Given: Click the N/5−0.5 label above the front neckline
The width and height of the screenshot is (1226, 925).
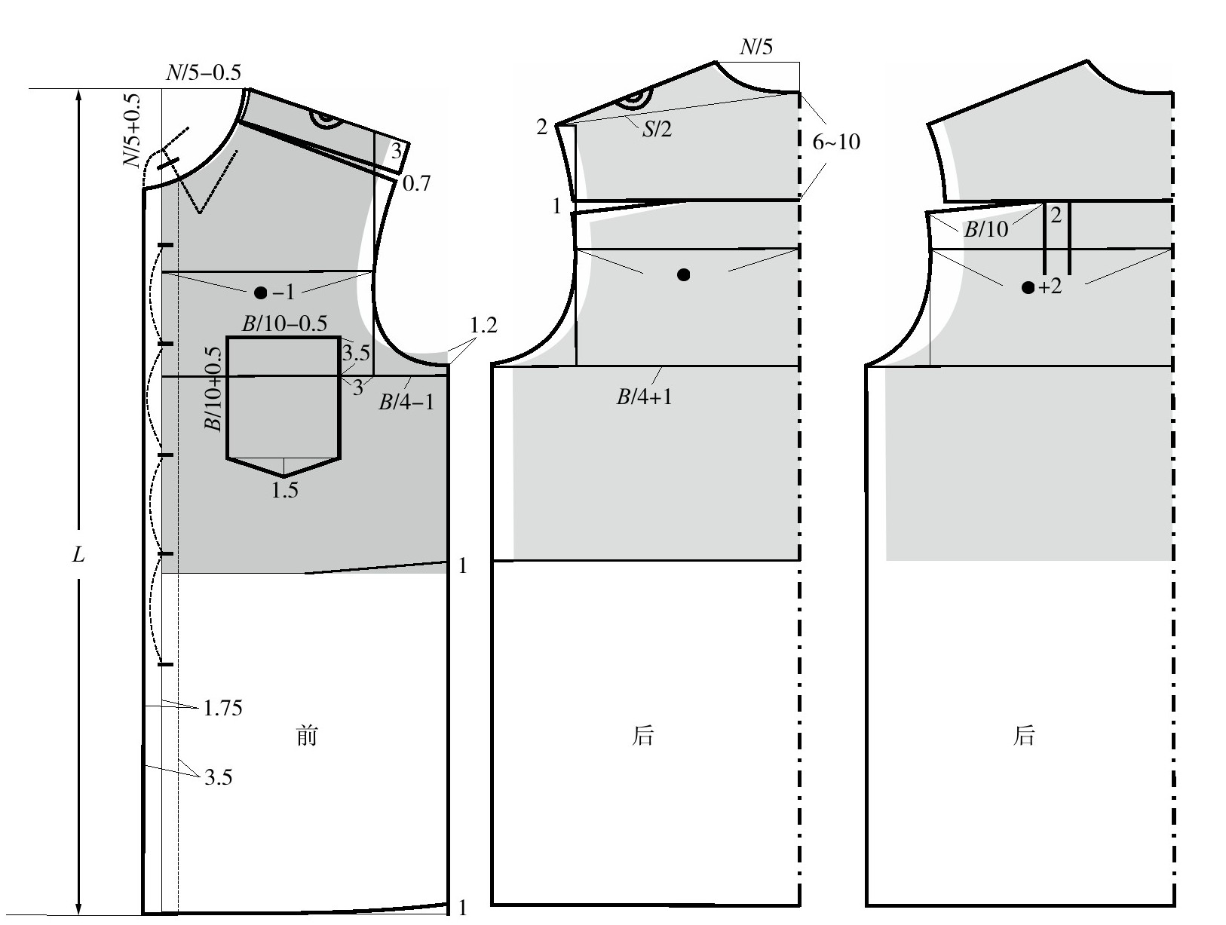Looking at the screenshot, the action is [x=204, y=72].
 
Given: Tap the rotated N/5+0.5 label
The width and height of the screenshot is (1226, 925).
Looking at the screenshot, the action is [x=132, y=130].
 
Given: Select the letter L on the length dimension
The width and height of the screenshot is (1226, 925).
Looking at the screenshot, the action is [x=78, y=554].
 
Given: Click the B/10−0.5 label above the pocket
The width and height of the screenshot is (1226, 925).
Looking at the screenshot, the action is [x=284, y=323].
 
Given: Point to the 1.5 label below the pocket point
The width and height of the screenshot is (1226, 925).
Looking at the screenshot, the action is [x=284, y=490].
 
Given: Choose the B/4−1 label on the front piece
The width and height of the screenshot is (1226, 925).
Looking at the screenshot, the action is [x=406, y=402].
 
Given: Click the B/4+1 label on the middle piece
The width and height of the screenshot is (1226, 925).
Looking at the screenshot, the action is [x=644, y=397].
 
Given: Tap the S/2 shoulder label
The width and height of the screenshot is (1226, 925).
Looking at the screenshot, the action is [x=657, y=130].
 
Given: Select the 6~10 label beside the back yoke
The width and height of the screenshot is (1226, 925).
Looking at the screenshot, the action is [x=836, y=142].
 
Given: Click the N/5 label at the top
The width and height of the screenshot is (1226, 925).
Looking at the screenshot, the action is [x=756, y=47].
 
